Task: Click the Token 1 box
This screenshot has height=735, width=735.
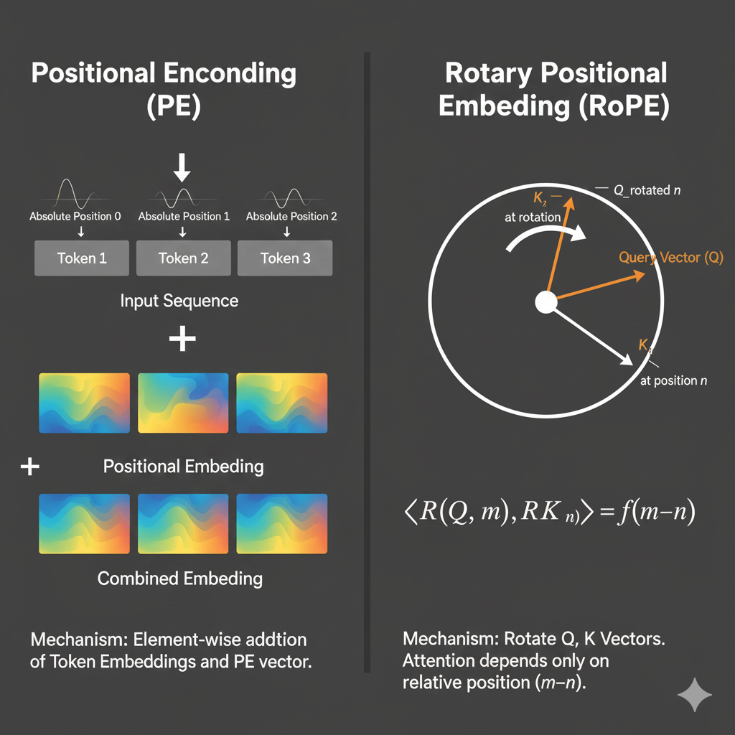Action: (82, 258)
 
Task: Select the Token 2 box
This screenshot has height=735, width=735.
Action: (183, 258)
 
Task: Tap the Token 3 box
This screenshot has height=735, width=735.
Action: (285, 258)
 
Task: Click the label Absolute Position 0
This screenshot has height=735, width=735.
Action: (75, 216)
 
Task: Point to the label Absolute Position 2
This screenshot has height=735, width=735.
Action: (291, 216)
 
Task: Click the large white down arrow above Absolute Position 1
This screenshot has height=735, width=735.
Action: (182, 167)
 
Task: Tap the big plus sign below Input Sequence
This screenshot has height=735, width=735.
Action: (182, 339)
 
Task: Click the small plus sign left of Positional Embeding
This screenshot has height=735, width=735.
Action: (30, 467)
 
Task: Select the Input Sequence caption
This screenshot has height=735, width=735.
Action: (179, 301)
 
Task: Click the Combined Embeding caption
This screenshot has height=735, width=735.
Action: (180, 579)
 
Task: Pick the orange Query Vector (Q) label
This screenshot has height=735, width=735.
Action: (671, 258)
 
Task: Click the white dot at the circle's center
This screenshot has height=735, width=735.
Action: (546, 302)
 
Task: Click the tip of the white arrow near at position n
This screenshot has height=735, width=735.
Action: (632, 364)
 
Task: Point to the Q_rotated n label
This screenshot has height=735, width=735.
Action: (647, 190)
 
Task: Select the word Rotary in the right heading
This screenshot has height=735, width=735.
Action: (489, 74)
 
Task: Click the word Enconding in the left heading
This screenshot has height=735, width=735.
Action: (230, 74)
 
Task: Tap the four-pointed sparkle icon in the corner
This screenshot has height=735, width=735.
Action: (695, 695)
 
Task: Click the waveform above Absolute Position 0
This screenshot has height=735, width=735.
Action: (70, 194)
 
